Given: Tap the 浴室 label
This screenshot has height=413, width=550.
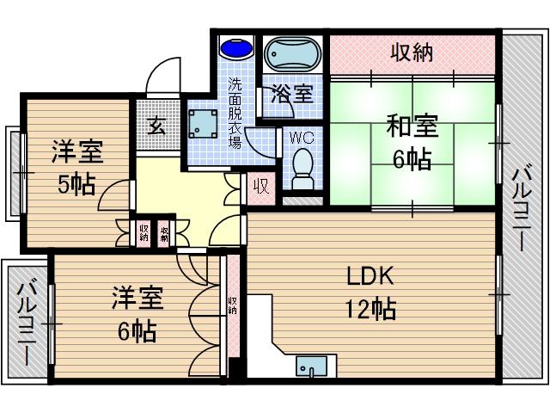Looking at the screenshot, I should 291,94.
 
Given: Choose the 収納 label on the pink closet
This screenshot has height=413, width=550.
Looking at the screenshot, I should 412,53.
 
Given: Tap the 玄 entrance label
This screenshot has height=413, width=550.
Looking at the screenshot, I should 157,126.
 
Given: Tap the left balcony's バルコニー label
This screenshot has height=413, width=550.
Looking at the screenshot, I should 27,322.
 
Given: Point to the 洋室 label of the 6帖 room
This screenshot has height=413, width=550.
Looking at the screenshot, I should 137,300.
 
